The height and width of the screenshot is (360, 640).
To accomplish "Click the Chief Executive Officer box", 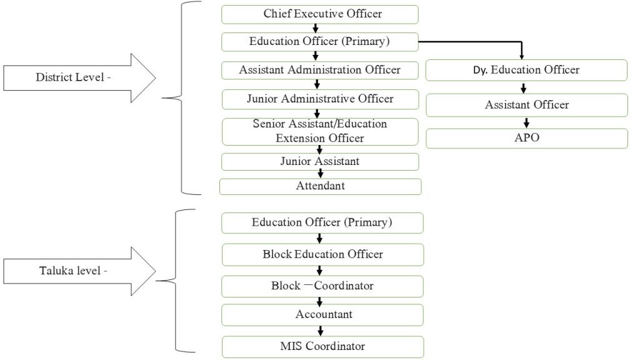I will pyautogui.click(x=319, y=14).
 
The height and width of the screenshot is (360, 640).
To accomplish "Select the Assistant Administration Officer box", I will pyautogui.click(x=319, y=70).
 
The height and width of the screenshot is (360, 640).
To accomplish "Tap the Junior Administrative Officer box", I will pyautogui.click(x=319, y=99).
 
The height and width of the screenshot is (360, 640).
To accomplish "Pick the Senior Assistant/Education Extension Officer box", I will pyautogui.click(x=319, y=131).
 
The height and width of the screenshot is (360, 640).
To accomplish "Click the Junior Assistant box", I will pyautogui.click(x=319, y=161).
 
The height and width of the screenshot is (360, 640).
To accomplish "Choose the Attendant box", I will pyautogui.click(x=320, y=186).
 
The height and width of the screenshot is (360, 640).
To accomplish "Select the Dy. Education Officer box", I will pyautogui.click(x=526, y=70).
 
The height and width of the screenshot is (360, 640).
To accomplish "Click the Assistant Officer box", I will pyautogui.click(x=526, y=105).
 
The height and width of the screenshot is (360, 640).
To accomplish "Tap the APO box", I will pyautogui.click(x=526, y=138).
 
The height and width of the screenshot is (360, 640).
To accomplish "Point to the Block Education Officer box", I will pyautogui.click(x=322, y=254).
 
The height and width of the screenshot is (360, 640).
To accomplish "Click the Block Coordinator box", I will pyautogui.click(x=322, y=286).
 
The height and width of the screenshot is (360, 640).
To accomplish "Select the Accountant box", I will pyautogui.click(x=322, y=314).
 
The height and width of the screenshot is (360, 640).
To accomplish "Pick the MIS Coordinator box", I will pyautogui.click(x=322, y=346).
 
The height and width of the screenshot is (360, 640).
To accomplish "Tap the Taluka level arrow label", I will pyautogui.click(x=72, y=271).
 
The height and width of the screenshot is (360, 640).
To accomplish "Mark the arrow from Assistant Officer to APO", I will pyautogui.click(x=526, y=122).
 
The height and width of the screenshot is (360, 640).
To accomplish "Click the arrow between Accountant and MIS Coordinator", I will pyautogui.click(x=320, y=331).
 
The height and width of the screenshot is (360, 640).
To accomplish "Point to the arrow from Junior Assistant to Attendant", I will pyautogui.click(x=320, y=174).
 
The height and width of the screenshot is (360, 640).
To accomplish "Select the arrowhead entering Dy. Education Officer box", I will pyautogui.click(x=522, y=56).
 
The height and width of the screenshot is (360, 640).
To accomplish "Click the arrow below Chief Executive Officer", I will pyautogui.click(x=316, y=28).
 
